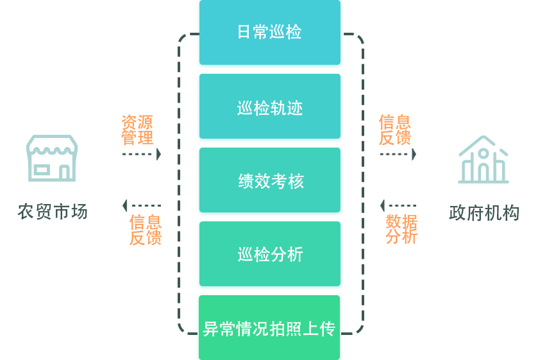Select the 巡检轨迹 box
tap(269, 108)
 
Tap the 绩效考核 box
tap(269, 182)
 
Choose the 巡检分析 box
tap(269, 255)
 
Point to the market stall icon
tap(52, 158)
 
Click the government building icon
tap(483, 160)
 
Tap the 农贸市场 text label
tap(53, 211)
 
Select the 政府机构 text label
tap(484, 213)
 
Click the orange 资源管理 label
tap(137, 130)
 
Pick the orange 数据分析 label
tap(401, 229)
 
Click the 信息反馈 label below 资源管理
tap(144, 230)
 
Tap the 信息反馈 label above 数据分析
tap(395, 130)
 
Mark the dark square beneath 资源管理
tap(142, 180)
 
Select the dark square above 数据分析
tap(398, 180)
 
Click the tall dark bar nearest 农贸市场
tap(186, 183)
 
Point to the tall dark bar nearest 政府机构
tap(355, 183)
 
